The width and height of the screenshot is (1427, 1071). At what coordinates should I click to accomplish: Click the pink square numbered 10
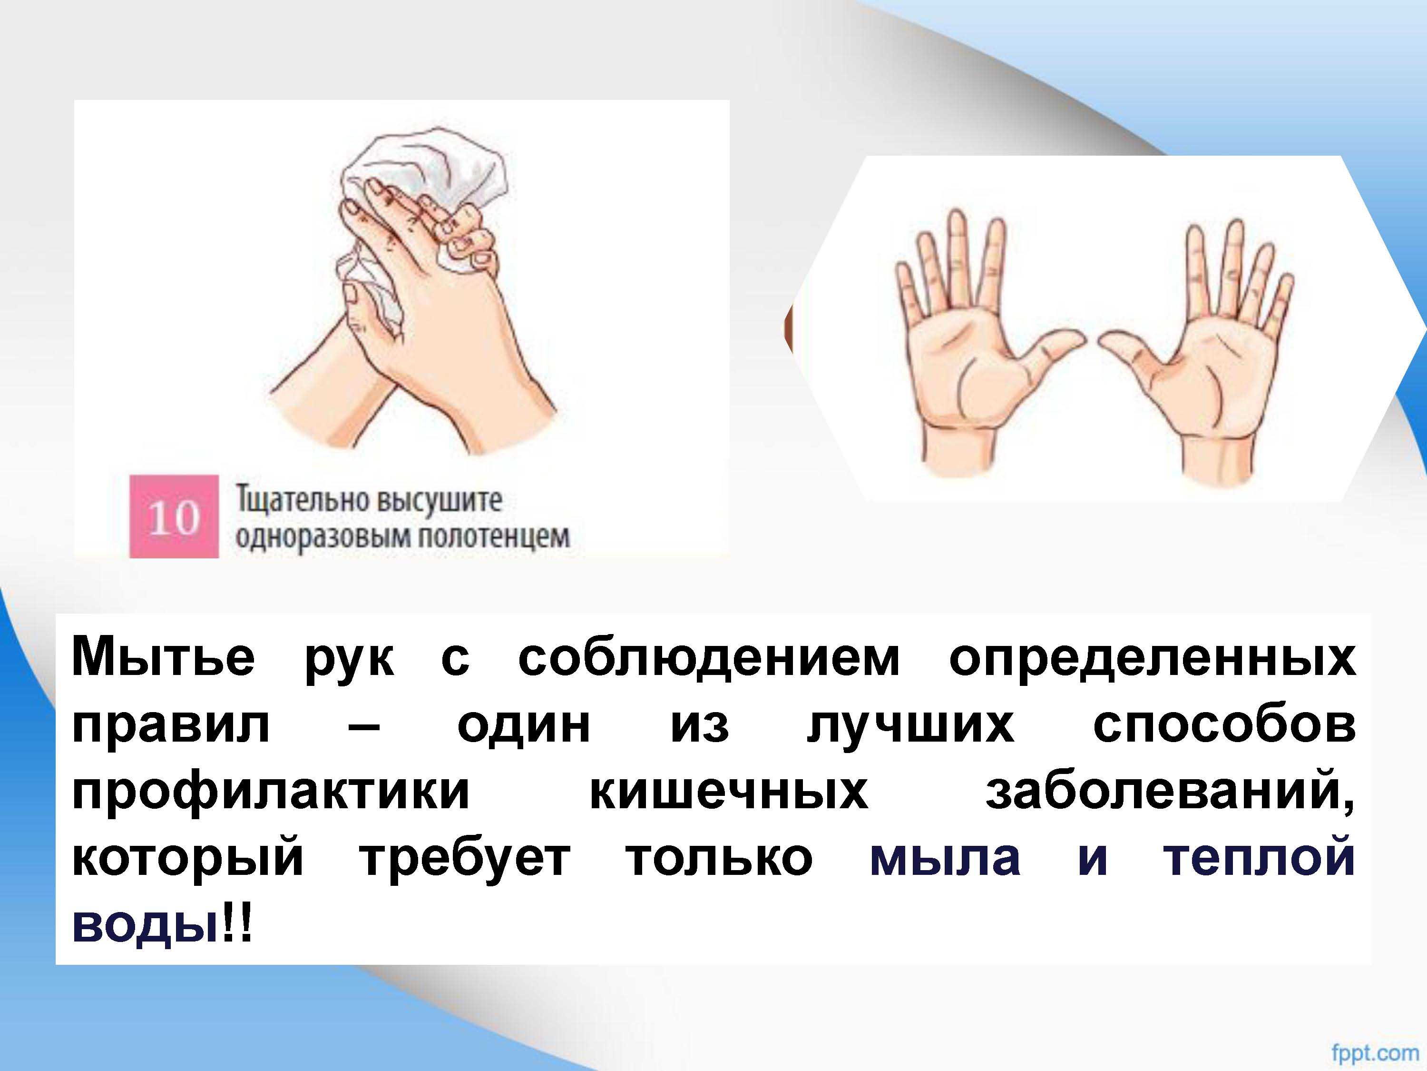point(174,516)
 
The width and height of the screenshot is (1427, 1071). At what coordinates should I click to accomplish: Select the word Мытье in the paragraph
point(163,658)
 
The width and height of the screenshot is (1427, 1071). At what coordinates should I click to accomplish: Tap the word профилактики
point(270,793)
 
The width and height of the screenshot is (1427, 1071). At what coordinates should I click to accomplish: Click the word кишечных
point(729,792)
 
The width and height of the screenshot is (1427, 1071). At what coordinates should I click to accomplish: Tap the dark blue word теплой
point(1259,859)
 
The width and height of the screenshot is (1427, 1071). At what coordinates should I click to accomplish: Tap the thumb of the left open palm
point(1048,352)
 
